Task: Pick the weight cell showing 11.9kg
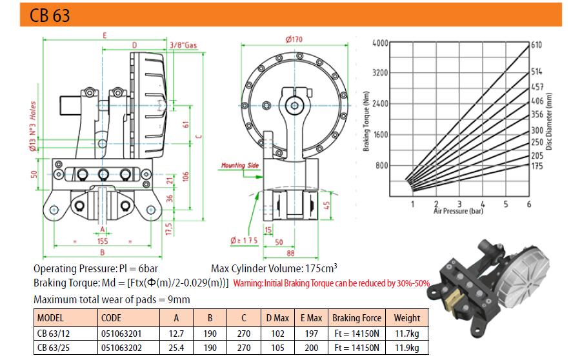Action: [x=406, y=347]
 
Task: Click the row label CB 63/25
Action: [x=55, y=347]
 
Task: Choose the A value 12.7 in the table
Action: [x=176, y=333]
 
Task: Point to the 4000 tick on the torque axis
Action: [x=380, y=43]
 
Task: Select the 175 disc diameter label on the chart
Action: [x=536, y=166]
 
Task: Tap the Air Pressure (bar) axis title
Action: [x=458, y=211]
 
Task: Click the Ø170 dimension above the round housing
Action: [x=294, y=40]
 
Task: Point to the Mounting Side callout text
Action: [x=240, y=166]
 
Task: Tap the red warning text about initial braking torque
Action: [x=331, y=283]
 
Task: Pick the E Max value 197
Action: [x=312, y=333]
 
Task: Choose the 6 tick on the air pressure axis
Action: [x=529, y=204]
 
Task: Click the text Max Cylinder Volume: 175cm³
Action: [x=275, y=268]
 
